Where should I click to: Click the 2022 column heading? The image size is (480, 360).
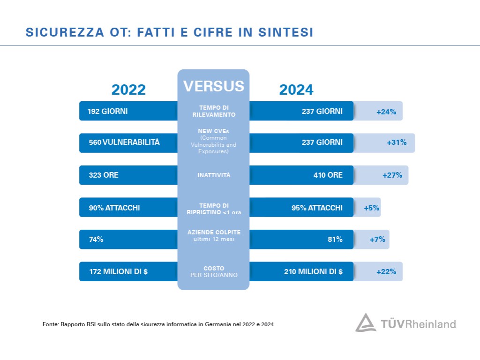(x=128, y=90)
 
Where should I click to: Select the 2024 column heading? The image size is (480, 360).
(x=296, y=90)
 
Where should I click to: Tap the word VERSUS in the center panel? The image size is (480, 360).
(x=213, y=86)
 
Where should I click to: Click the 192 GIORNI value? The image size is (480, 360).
(x=107, y=112)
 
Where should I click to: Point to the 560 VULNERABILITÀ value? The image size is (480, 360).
(x=124, y=142)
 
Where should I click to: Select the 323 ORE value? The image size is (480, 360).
(x=104, y=175)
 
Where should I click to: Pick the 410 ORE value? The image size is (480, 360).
(x=328, y=175)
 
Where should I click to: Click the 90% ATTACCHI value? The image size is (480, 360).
(x=114, y=208)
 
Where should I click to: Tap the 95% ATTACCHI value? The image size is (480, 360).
(x=317, y=208)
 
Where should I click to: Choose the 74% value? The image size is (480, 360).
(x=96, y=240)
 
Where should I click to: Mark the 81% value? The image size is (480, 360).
(x=335, y=240)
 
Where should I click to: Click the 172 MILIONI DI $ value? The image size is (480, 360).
(x=119, y=271)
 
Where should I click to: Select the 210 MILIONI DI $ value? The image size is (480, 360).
(x=313, y=271)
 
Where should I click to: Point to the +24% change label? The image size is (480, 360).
(x=386, y=112)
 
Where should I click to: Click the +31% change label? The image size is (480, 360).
(x=397, y=142)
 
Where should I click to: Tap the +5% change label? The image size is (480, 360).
(x=371, y=208)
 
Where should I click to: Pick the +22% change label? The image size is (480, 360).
(x=386, y=271)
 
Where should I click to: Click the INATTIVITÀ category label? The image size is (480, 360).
(x=213, y=175)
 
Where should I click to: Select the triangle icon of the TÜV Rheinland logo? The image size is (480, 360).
(x=365, y=323)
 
